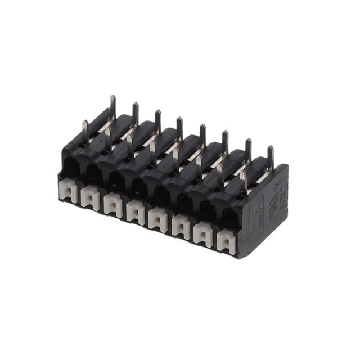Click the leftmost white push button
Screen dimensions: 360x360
(x=68, y=191)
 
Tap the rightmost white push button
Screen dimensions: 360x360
(x=226, y=242)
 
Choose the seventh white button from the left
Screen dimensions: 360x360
(x=203, y=234)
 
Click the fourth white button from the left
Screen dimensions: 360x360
(x=136, y=212)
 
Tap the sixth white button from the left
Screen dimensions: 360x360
(x=181, y=227)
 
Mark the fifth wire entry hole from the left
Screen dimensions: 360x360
(x=161, y=195)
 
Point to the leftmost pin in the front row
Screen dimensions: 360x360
(x=85, y=130)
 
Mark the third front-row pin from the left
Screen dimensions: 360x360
(x=130, y=145)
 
